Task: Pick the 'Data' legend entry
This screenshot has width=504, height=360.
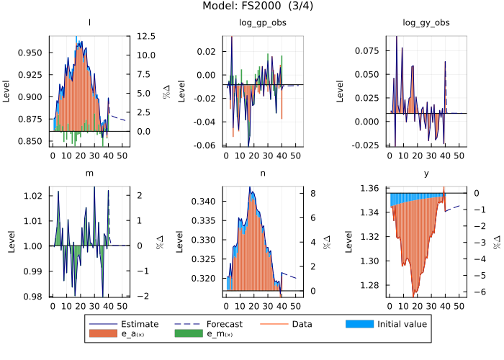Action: (x=304, y=324)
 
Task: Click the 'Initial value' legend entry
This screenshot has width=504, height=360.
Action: (x=402, y=324)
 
